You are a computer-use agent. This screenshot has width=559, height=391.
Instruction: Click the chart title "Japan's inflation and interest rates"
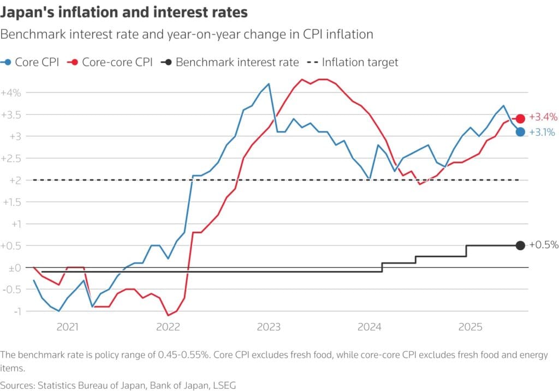pyautogui.click(x=124, y=12)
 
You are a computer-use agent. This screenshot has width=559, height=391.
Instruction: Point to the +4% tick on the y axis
pyautogui.click(x=11, y=93)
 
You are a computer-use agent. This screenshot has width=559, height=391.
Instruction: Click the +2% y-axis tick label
pyautogui.click(x=11, y=180)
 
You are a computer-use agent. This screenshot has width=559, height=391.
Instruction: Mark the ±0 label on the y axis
pyautogui.click(x=13, y=268)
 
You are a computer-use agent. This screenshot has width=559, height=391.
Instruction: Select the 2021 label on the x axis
pyautogui.click(x=67, y=327)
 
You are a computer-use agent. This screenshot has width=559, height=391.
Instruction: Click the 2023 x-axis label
pyautogui.click(x=269, y=327)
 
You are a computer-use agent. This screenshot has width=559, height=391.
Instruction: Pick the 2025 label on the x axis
pyautogui.click(x=469, y=327)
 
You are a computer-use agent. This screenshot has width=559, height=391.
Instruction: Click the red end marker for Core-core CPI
pyautogui.click(x=520, y=118)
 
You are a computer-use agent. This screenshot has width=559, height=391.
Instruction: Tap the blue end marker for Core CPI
pyautogui.click(x=520, y=131)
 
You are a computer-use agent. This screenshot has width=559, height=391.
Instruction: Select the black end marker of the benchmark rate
pyautogui.click(x=520, y=245)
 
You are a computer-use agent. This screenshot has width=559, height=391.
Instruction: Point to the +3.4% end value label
pyautogui.click(x=543, y=117)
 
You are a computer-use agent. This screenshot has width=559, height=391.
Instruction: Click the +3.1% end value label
pyautogui.click(x=543, y=131)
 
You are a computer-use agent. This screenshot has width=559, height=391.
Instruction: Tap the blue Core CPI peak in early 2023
pyautogui.click(x=269, y=84)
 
